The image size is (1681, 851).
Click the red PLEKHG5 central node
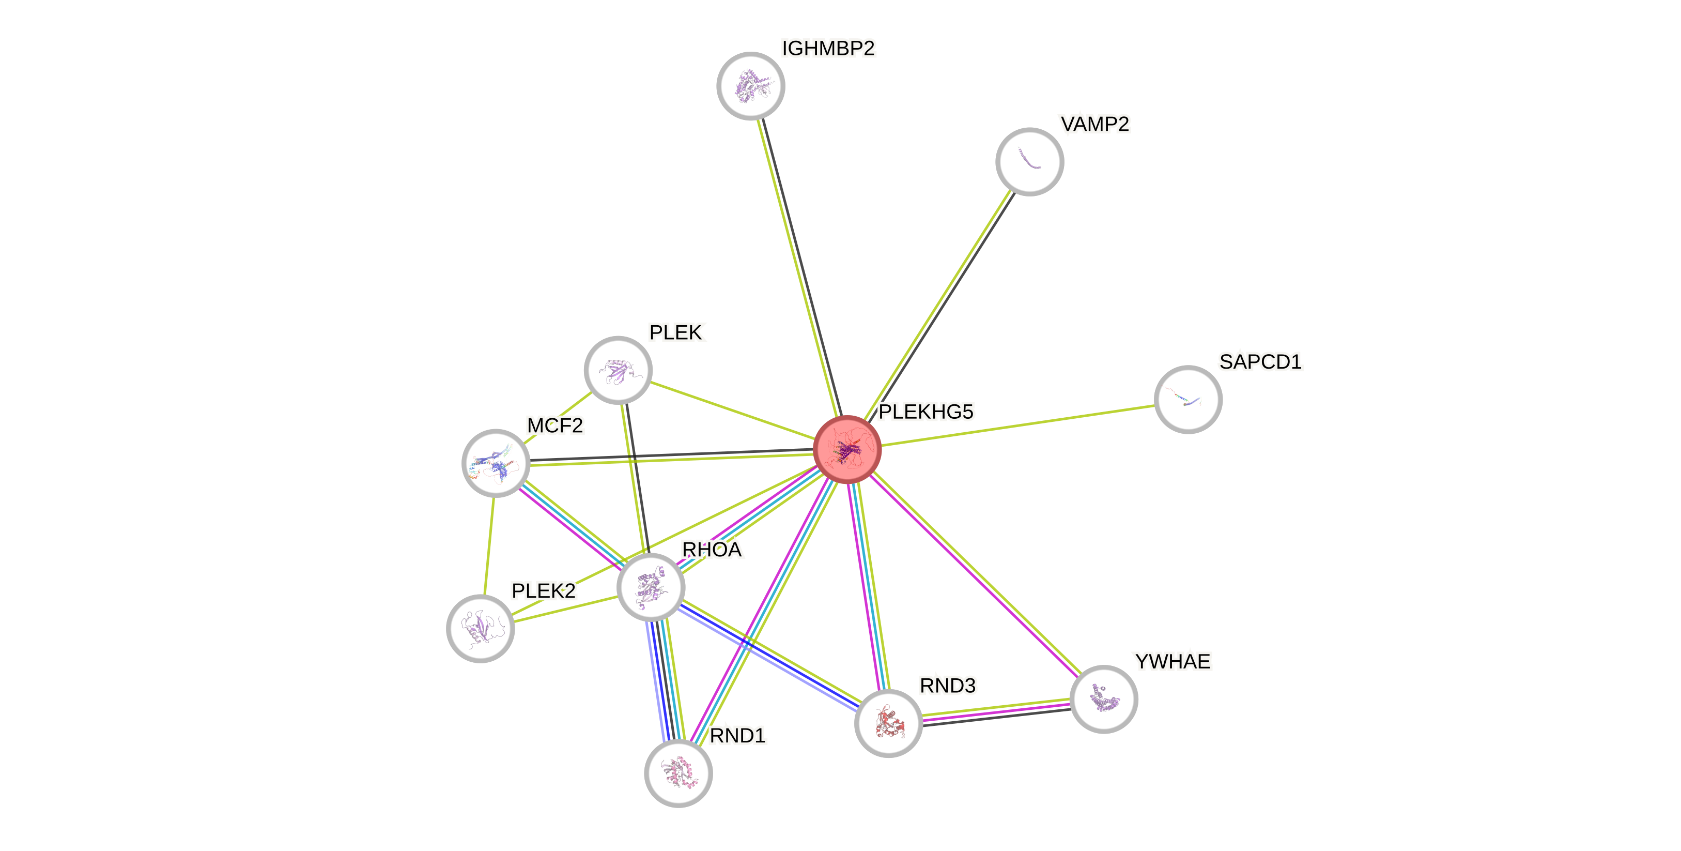[847, 449]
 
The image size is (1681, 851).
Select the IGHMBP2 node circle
[750, 85]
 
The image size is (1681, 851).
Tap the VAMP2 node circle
[1029, 161]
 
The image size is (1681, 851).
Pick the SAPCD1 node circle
[1188, 399]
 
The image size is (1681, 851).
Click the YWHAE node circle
[1103, 699]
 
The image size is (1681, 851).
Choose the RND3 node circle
[888, 723]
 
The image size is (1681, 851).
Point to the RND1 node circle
[678, 773]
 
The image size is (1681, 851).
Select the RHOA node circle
[651, 586]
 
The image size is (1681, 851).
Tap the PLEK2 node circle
[480, 628]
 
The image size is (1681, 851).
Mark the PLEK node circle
[618, 370]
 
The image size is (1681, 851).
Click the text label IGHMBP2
[828, 48]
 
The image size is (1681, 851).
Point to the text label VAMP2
[1095, 124]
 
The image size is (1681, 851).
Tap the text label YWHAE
[1172, 662]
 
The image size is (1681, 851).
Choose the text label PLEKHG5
[926, 412]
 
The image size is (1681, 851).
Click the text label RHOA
[712, 550]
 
